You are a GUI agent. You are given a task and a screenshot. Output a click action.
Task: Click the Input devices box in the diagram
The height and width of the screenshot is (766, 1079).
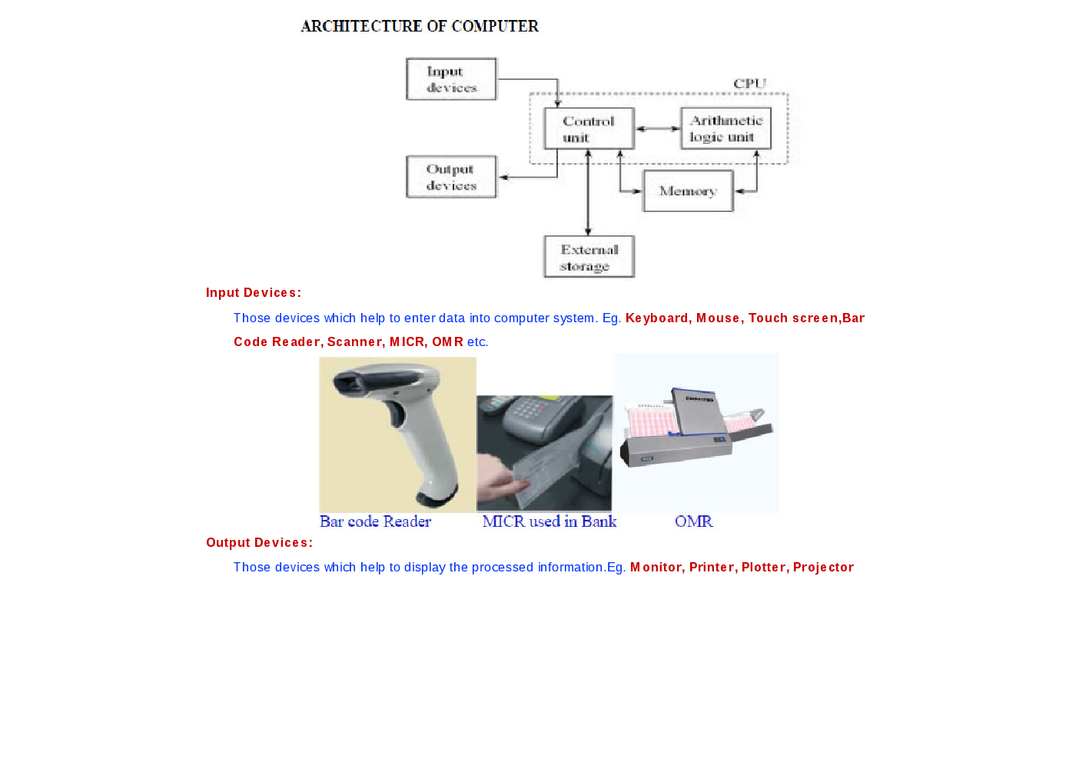pos(451,79)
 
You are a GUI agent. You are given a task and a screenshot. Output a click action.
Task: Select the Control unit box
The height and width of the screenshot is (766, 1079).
pos(589,128)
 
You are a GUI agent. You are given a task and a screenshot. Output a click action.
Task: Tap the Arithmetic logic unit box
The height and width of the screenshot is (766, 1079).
pos(725,128)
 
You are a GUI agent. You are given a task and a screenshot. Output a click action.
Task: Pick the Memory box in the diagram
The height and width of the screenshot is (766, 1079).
pos(688,191)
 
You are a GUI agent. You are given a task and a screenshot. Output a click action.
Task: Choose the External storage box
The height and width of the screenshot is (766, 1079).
pos(589,256)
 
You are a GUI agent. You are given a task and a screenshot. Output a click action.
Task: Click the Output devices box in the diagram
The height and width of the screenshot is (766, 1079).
pos(451,177)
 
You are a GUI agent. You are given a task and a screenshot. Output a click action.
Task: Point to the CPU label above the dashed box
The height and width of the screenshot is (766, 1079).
pos(749,83)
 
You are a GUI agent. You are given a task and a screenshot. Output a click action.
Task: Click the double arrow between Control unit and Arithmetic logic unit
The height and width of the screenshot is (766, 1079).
pos(658,128)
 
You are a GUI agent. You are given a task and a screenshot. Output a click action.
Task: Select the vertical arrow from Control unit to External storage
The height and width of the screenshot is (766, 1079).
pos(588,192)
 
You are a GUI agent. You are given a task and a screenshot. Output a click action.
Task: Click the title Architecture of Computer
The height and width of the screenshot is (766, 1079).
pos(420,26)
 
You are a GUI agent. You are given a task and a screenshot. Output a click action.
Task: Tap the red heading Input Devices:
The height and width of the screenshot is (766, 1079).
pos(254,292)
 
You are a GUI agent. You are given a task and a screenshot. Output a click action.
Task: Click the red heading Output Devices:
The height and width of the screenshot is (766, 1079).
pos(259,542)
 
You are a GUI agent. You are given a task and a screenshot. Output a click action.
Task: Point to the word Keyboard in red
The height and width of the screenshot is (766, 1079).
pos(658,318)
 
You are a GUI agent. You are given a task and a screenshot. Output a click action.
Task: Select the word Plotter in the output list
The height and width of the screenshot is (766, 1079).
pos(765,567)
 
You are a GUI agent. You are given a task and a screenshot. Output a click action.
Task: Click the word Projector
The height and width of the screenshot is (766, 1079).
pos(823,568)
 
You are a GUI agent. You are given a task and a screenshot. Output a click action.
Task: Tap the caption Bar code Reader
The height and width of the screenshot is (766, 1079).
pos(375,521)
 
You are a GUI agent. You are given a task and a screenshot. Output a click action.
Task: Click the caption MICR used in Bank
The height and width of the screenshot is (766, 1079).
pos(549,521)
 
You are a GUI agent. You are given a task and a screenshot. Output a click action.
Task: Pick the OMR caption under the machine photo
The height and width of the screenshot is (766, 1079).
pos(694,521)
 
